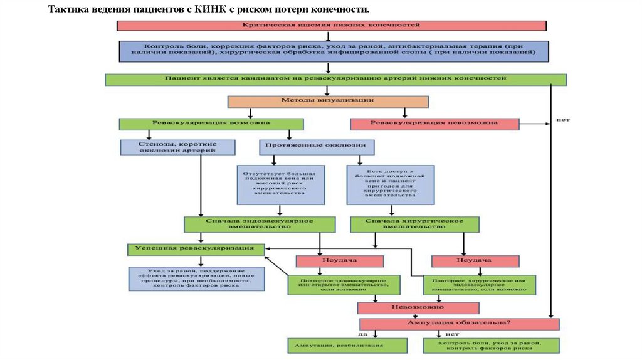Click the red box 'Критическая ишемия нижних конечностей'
coord(330,26)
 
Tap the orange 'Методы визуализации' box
coord(328,101)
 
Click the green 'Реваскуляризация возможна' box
coord(211,124)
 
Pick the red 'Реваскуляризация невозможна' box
coord(434,124)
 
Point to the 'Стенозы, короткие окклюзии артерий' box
coord(178,147)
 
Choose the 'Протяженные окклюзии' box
coord(317,147)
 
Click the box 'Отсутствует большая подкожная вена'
coord(281,184)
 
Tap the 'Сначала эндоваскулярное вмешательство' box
coord(257,225)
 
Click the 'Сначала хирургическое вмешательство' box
coord(414,225)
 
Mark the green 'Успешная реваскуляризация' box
coord(196,249)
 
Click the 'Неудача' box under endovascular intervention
coord(339,261)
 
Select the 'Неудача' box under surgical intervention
coord(475,261)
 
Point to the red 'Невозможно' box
coord(418,308)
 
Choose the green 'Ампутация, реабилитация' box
coord(347,346)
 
